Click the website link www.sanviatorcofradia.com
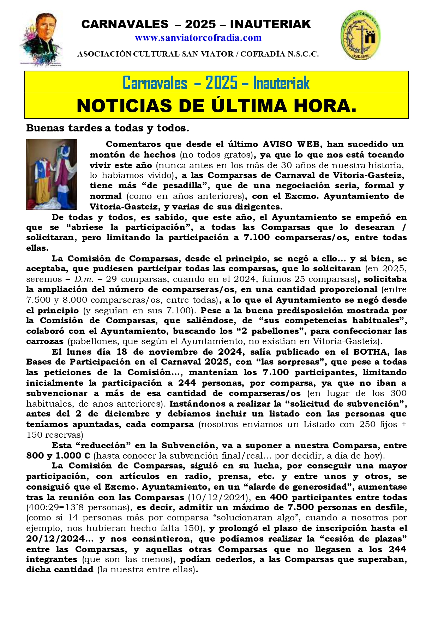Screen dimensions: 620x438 pos(198,38)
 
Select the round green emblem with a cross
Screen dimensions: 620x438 pos(360,35)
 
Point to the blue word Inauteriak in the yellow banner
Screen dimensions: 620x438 pos(281,83)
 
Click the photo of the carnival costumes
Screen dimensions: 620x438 pos(52,175)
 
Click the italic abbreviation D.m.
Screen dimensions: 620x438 pos(84,279)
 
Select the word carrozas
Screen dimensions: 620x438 pos(45,342)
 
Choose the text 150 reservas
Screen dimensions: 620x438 pos(55,435)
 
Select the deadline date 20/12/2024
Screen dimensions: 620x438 pos(55,539)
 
